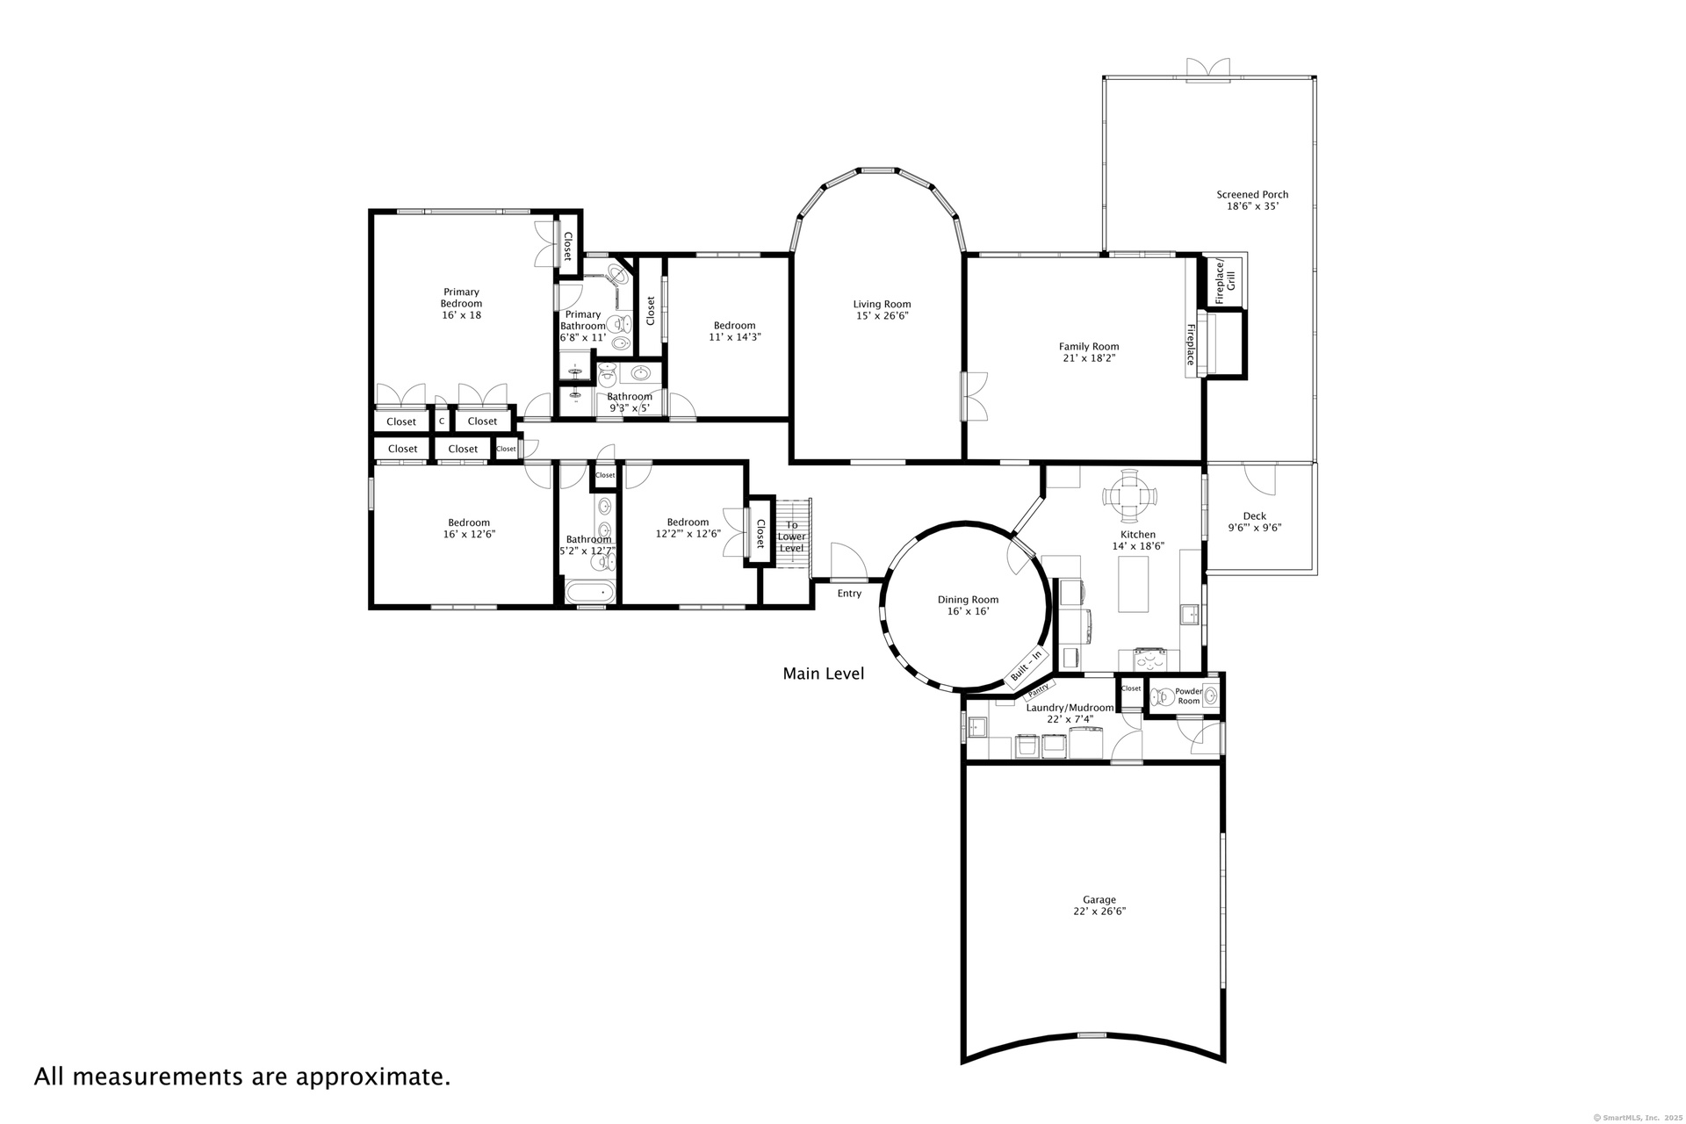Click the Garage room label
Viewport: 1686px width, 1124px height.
click(1099, 899)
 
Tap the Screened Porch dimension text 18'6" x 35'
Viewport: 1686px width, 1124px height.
click(1252, 206)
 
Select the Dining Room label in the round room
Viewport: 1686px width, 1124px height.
click(968, 600)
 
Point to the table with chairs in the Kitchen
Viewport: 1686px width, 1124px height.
click(1129, 496)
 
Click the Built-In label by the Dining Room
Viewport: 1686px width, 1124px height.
click(1026, 666)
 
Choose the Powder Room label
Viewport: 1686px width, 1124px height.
click(1189, 696)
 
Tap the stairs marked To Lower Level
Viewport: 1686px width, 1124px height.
click(792, 534)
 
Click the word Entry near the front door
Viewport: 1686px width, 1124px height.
click(849, 594)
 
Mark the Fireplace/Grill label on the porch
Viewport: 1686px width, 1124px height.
click(1225, 281)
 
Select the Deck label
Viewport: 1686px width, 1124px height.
click(1255, 516)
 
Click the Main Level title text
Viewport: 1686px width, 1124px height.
click(824, 674)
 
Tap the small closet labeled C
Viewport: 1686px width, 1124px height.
click(442, 421)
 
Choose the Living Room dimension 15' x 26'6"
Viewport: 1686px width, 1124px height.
click(882, 316)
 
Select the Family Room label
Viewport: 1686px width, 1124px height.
click(1089, 347)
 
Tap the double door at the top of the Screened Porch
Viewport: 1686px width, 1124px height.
click(1208, 69)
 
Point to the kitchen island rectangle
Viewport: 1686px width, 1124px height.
click(1134, 584)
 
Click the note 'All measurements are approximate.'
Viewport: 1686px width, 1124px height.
click(242, 1077)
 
